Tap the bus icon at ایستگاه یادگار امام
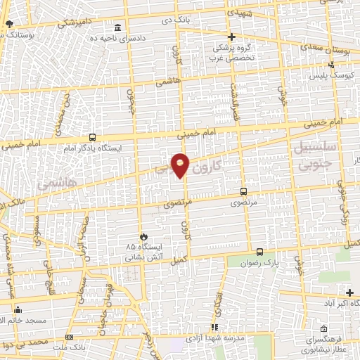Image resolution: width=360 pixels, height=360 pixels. pos(93,138)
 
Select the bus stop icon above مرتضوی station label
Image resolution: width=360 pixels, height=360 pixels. pos(243,191)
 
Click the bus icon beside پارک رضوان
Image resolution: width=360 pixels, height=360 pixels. pos(260,251)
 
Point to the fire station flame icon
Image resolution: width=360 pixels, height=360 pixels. pos(145,236)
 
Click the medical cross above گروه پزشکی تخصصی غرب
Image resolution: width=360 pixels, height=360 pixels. pos(231,37)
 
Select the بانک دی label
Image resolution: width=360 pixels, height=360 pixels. pos(176,20)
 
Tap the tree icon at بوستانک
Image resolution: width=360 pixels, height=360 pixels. pos(9,23)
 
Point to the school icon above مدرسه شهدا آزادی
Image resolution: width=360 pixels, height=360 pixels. pos(214,327)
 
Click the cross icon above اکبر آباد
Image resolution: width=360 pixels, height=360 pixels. pos(350,292)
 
